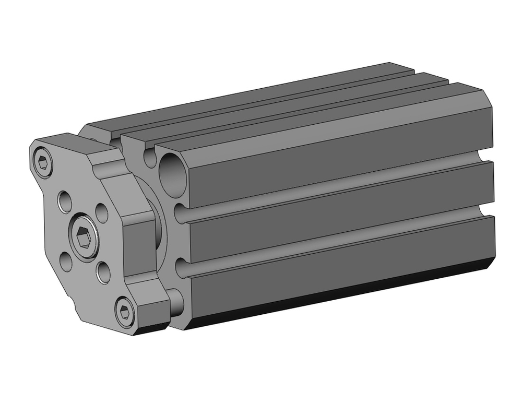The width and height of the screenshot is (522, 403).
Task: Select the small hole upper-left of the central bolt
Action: pos(65,201)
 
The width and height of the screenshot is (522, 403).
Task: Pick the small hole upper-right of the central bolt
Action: pos(102,212)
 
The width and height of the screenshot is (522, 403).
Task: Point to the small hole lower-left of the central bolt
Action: pos(66,262)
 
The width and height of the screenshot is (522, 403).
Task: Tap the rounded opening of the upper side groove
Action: pos(180,214)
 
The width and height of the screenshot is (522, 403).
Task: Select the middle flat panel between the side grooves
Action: pos(339,214)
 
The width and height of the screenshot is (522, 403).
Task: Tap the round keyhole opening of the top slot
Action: pos(150,157)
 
